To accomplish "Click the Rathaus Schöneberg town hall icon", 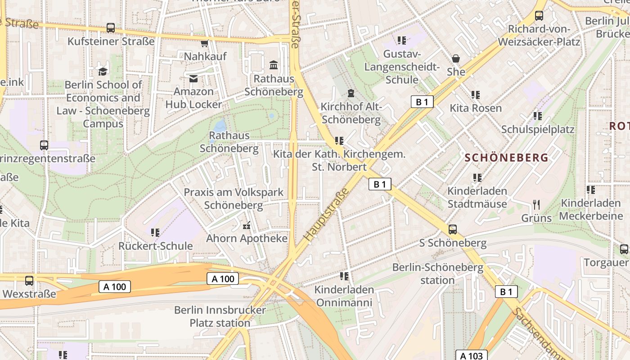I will click(x=273, y=65).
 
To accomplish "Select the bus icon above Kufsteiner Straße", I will click(x=111, y=28).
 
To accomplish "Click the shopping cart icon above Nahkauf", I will click(x=205, y=43).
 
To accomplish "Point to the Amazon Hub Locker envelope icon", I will click(x=193, y=79).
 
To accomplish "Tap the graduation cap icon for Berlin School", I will click(x=103, y=72).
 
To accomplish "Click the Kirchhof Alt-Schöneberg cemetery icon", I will click(x=351, y=94).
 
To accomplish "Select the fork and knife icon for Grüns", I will click(x=536, y=205).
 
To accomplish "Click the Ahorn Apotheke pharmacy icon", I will click(x=246, y=225).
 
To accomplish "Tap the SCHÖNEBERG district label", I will click(x=507, y=157).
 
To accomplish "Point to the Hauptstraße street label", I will click(x=327, y=214).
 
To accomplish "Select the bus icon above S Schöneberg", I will click(x=453, y=229).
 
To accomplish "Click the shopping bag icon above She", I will click(x=456, y=58).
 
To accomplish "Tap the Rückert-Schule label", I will click(x=155, y=246).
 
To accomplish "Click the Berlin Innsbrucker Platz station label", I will click(x=220, y=316).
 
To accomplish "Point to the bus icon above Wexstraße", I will click(x=29, y=280).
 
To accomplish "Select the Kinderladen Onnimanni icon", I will click(x=344, y=276).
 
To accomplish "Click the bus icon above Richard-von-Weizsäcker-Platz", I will click(x=539, y=16).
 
